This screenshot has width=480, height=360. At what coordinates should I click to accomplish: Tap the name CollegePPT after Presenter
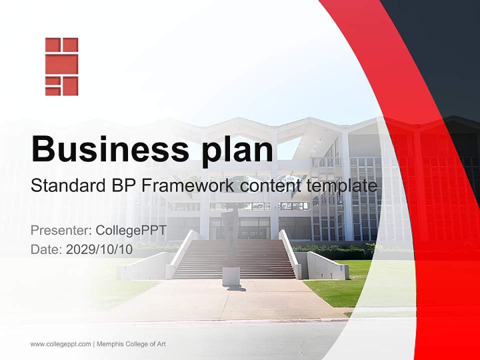click(131, 230)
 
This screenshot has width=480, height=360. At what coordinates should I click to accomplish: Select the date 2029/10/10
click(99, 249)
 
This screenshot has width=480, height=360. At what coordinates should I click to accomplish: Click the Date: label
click(46, 249)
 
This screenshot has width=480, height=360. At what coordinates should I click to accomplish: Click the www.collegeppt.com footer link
click(60, 344)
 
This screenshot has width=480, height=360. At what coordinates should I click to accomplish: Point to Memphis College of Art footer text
click(131, 344)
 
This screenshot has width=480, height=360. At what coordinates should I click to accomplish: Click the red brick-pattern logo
click(61, 66)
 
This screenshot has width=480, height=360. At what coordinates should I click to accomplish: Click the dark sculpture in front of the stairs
click(230, 237)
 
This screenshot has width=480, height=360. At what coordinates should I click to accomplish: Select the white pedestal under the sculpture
click(230, 276)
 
